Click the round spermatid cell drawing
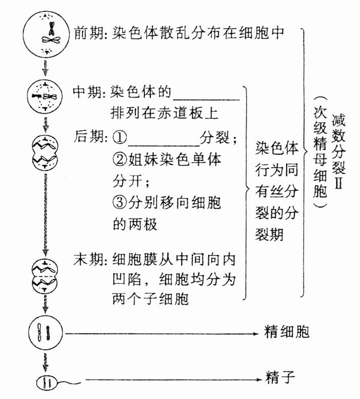46,332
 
